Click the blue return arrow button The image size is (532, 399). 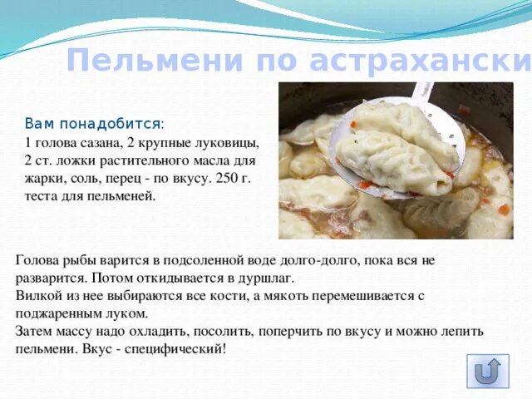[488, 372]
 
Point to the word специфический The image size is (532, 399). [177, 348]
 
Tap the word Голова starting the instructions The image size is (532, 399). [37, 259]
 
